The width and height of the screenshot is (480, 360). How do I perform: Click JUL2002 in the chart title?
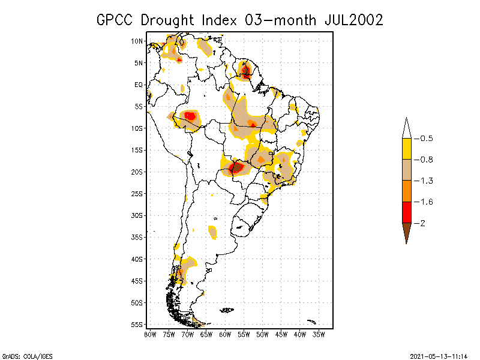pyautogui.click(x=349, y=20)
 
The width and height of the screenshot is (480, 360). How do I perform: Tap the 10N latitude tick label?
pyautogui.click(x=137, y=41)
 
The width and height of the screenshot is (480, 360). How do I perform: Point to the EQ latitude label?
pyautogui.click(x=138, y=85)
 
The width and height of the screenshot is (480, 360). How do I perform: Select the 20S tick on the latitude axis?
pyautogui.click(x=137, y=172)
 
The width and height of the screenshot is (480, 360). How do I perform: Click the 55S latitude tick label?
pyautogui.click(x=137, y=325)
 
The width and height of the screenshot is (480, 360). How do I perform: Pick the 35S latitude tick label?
pyautogui.click(x=137, y=237)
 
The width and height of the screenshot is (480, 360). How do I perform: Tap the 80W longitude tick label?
pyautogui.click(x=150, y=334)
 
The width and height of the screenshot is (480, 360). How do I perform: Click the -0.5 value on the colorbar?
pyautogui.click(x=427, y=139)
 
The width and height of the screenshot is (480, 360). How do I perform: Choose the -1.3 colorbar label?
pyautogui.click(x=427, y=181)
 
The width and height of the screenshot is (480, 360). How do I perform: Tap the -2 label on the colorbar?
pyautogui.click(x=422, y=223)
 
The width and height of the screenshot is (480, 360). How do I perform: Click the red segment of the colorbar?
pyautogui.click(x=406, y=212)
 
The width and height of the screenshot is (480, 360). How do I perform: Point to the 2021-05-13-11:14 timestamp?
pyautogui.click(x=439, y=356)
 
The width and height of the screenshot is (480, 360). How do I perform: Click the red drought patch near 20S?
pyautogui.click(x=236, y=167)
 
